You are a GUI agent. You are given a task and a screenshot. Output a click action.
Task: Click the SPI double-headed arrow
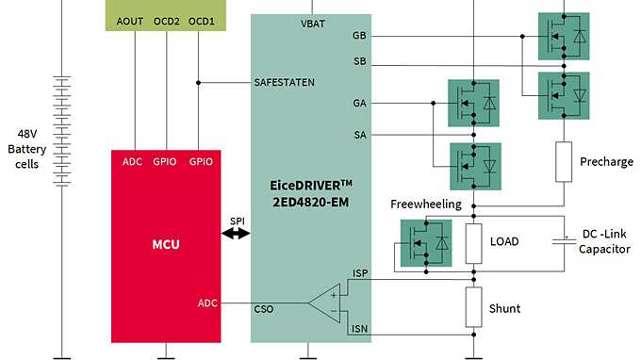pos(235,233)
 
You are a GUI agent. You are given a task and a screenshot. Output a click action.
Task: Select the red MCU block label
pos(166,245)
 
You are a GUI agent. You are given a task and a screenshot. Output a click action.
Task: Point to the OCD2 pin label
pos(167,21)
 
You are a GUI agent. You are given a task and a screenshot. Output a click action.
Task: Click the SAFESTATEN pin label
pos(285,82)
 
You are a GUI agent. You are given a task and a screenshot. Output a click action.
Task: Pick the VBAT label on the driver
pos(313,23)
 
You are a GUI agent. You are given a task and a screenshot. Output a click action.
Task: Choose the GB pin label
pos(358,36)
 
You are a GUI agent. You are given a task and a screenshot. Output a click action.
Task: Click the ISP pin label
pos(359,273)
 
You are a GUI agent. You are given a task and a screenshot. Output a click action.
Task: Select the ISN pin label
pos(359,328)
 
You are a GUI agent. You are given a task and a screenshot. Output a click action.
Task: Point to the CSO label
pos(265,307)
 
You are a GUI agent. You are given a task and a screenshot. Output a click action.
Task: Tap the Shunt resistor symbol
pos(473,307)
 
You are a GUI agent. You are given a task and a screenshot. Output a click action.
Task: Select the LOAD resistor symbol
pos(473,241)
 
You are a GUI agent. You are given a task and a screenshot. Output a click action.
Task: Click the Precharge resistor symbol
pos(564,161)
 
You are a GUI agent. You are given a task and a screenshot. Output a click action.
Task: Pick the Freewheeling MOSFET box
pos(426,243)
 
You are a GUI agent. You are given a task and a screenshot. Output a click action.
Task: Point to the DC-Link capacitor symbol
pos(564,241)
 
